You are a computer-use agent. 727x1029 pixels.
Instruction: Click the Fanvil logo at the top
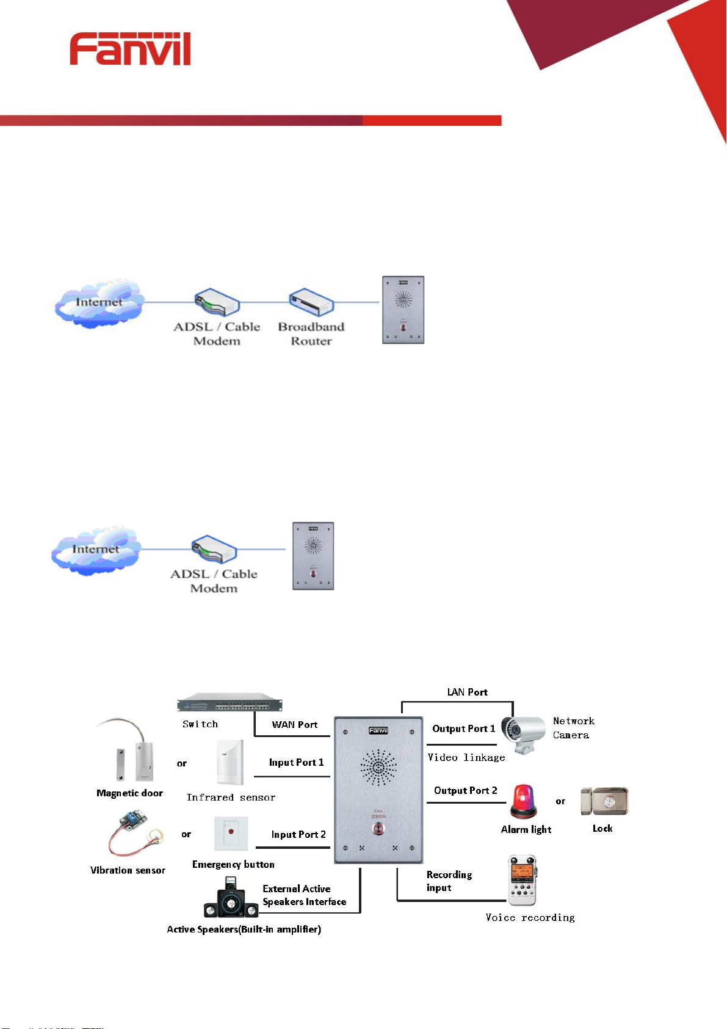click(130, 49)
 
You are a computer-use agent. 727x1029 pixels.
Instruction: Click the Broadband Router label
click(311, 334)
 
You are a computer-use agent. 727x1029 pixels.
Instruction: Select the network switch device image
click(230, 703)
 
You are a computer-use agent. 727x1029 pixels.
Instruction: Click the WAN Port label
click(295, 725)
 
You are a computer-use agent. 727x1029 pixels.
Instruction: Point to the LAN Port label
click(467, 692)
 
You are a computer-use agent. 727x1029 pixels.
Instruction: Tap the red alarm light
click(524, 801)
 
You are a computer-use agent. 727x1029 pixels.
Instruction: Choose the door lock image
click(604, 801)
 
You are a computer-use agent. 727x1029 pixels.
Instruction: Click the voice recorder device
click(523, 880)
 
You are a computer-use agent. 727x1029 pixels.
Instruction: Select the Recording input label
click(449, 881)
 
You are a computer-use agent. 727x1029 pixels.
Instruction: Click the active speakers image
click(231, 898)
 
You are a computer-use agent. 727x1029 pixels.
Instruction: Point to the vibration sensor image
click(133, 834)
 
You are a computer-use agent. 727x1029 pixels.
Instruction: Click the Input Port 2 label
click(298, 835)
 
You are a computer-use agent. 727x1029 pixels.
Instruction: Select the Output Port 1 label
click(463, 729)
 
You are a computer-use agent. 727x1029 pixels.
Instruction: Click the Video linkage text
click(466, 758)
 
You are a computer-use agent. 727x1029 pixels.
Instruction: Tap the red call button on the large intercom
click(378, 829)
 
